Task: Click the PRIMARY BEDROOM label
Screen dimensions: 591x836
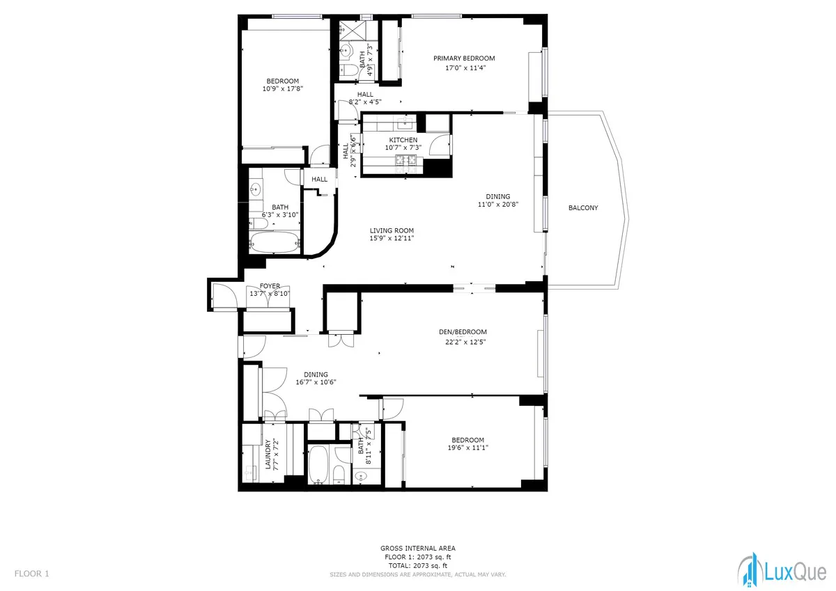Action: click(464, 58)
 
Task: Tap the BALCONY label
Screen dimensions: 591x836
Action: click(582, 208)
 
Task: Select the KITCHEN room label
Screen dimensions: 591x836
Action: click(403, 140)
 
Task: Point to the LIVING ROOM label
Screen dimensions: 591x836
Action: click(392, 230)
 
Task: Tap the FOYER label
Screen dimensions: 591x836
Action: click(270, 285)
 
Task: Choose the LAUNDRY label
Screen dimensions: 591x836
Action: click(268, 454)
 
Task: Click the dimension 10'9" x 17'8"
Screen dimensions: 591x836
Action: click(282, 89)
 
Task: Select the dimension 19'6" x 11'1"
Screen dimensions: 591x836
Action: click(467, 448)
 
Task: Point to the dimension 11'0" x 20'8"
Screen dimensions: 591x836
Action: click(498, 205)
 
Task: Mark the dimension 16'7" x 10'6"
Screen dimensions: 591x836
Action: click(315, 382)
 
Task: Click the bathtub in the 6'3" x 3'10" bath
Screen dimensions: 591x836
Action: click(274, 242)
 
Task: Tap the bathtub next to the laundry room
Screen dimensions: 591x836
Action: click(317, 464)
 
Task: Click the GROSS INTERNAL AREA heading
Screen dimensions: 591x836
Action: click(418, 549)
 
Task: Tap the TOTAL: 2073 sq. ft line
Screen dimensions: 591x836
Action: click(418, 566)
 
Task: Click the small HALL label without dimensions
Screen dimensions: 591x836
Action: click(319, 180)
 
